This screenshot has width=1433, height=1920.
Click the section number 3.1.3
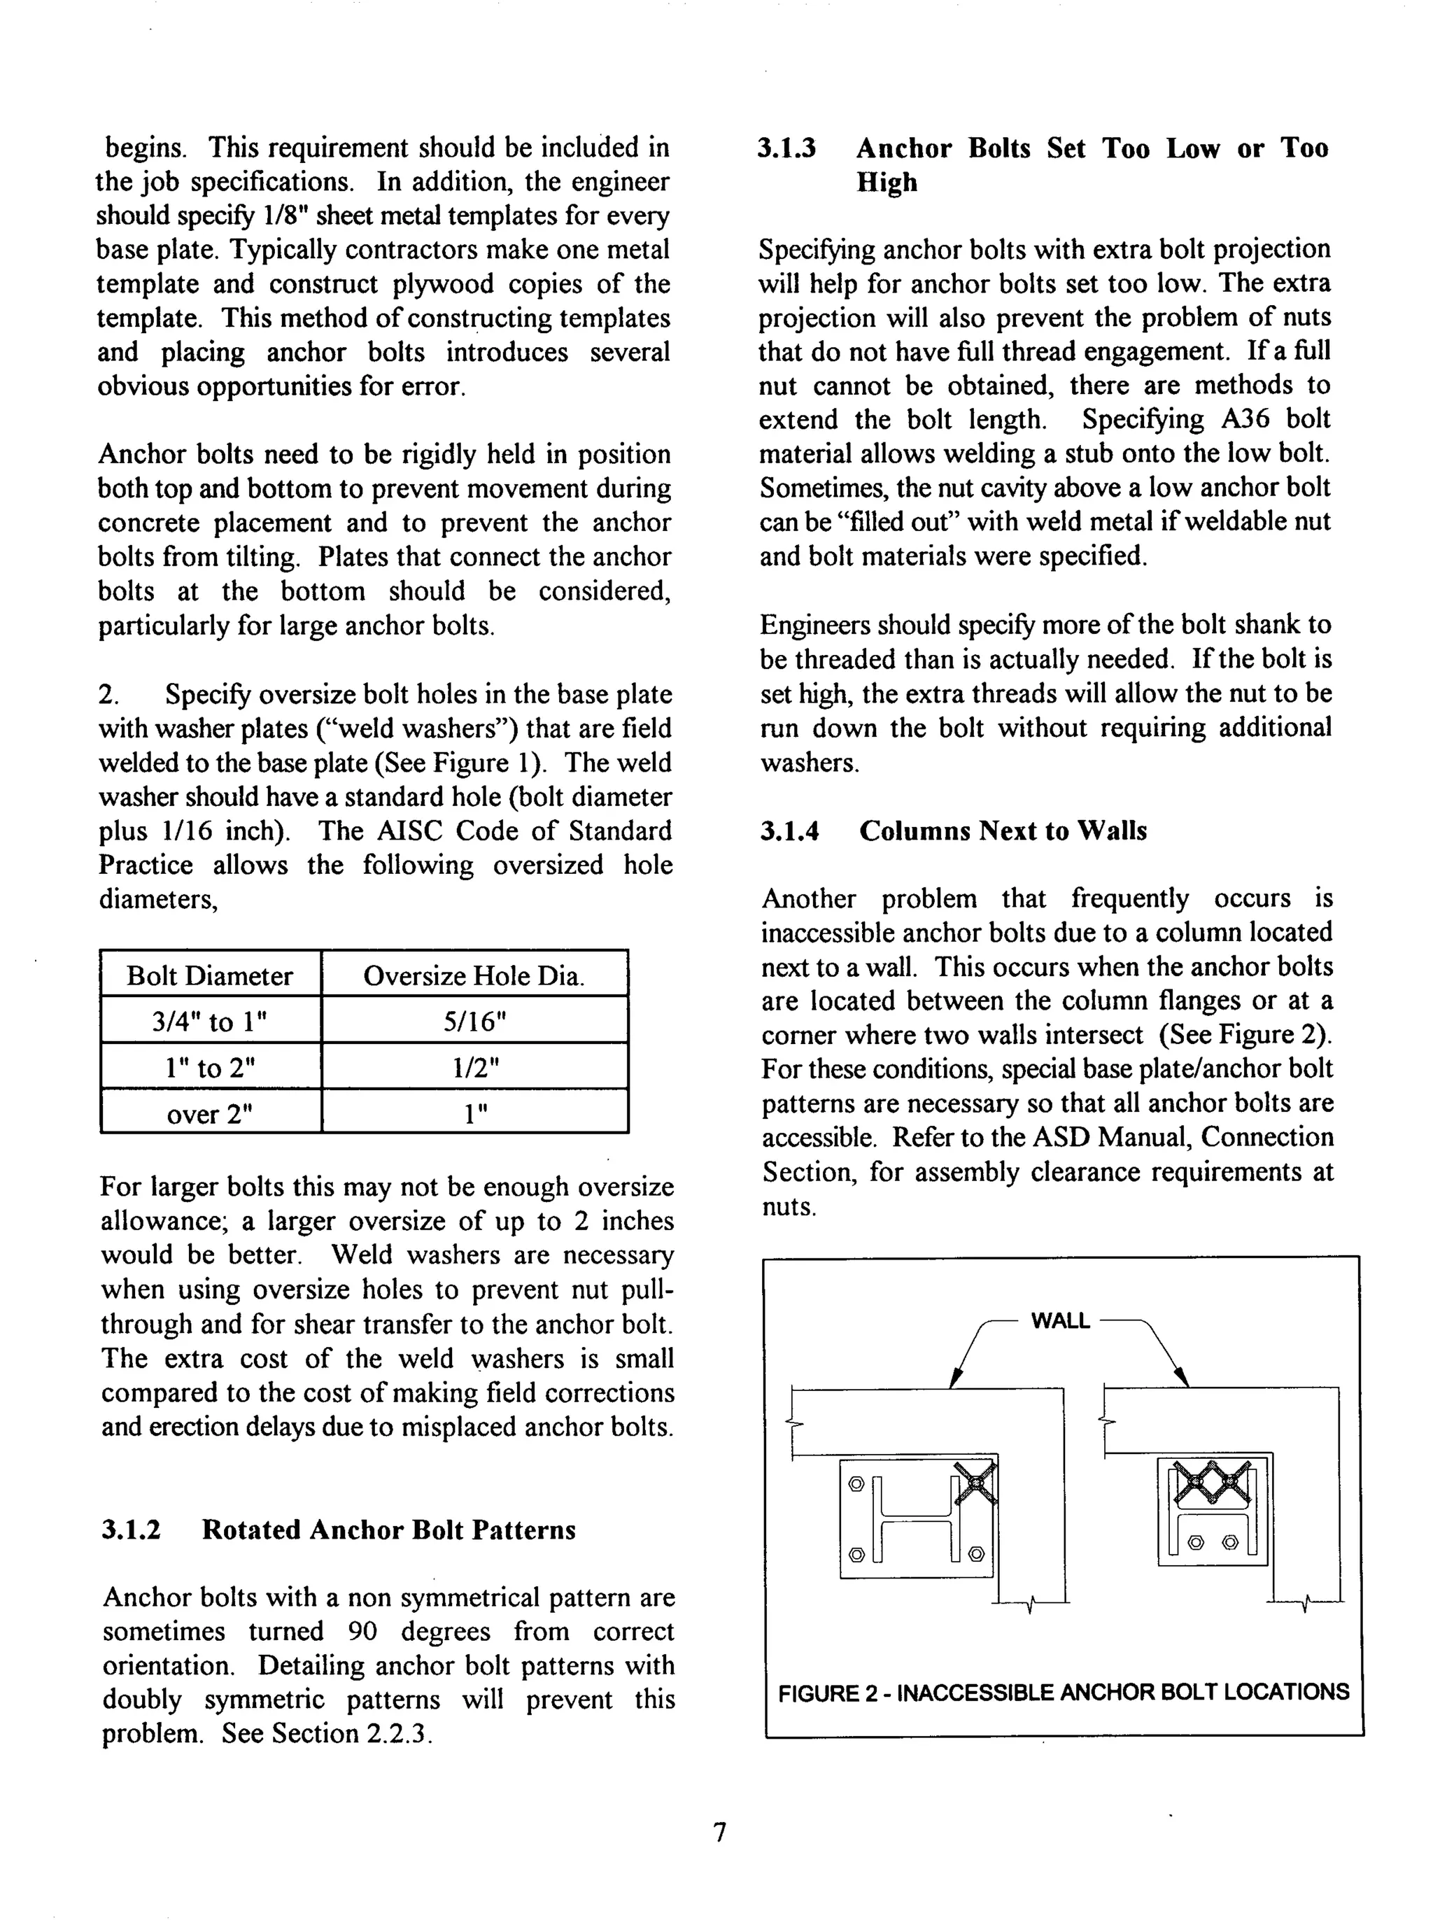(786, 149)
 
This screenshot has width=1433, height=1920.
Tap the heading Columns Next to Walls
(1003, 831)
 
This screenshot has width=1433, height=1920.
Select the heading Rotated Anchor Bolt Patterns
(388, 1529)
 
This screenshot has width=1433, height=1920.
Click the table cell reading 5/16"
(474, 1022)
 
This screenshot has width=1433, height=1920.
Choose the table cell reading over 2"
(209, 1113)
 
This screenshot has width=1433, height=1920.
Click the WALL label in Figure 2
(1060, 1321)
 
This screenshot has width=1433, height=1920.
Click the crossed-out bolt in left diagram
(975, 1484)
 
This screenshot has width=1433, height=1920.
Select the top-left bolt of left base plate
(855, 1484)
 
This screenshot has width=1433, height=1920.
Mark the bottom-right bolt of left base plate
(975, 1553)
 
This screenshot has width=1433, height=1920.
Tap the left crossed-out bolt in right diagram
(1190, 1484)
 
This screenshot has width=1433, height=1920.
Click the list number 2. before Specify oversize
(108, 695)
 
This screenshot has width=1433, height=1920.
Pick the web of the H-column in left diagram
(915, 1518)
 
